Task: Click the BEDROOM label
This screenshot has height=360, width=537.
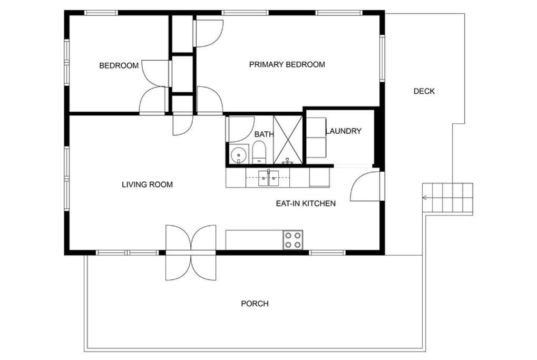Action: [x=119, y=65]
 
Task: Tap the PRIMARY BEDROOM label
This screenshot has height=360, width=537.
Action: [x=287, y=64]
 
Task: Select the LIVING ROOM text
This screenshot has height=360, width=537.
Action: [x=147, y=184]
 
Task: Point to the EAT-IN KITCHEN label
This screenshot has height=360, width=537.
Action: [x=306, y=203]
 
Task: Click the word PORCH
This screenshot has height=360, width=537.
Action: [x=255, y=304]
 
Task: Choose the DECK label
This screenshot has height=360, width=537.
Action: [x=424, y=91]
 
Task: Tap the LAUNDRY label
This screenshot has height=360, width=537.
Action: [x=344, y=131]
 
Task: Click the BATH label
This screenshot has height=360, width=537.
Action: [x=264, y=134]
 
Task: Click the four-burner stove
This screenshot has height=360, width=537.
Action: [x=293, y=240]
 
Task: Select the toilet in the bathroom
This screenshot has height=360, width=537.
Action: [x=259, y=153]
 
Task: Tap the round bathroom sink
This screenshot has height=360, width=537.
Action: [x=238, y=155]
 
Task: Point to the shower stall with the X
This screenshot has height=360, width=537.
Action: [x=288, y=140]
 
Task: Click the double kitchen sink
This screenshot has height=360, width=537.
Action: [x=269, y=178]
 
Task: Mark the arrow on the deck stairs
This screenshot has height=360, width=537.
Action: [x=425, y=198]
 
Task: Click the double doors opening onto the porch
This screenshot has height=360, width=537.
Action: [x=191, y=253]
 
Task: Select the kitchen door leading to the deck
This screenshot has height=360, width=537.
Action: [x=365, y=186]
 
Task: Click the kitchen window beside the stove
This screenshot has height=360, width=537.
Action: [x=327, y=253]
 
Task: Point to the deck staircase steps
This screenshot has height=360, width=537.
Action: [x=447, y=198]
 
